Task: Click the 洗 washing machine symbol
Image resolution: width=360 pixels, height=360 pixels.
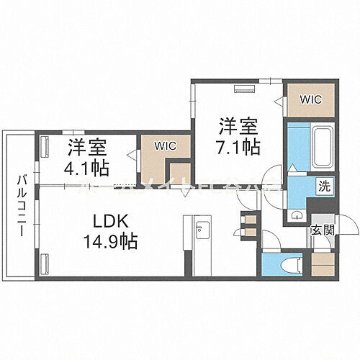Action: pos(325,186)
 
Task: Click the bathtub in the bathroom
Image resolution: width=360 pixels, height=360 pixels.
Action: pos(321,143)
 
